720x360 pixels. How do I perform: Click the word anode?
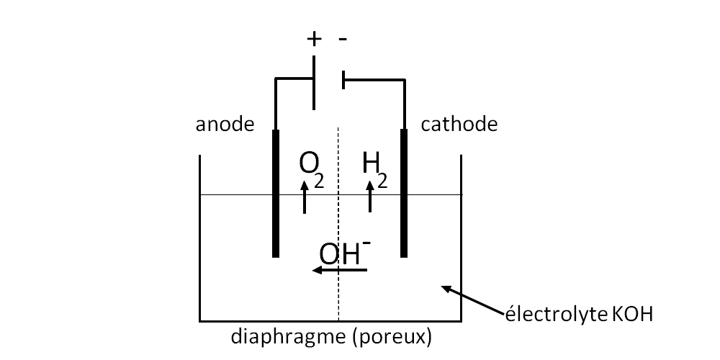click(x=225, y=125)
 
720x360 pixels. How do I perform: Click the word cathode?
click(x=459, y=125)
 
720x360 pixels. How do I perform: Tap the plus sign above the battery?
click(x=314, y=39)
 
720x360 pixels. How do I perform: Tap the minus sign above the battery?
click(x=343, y=39)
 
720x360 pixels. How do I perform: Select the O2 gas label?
click(x=311, y=169)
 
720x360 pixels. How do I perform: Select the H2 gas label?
click(x=374, y=169)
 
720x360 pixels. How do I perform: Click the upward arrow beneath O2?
click(x=305, y=197)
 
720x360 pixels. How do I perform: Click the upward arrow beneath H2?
click(x=370, y=197)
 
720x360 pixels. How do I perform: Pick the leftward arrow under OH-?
click(x=339, y=270)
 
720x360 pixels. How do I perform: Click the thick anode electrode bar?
click(x=276, y=193)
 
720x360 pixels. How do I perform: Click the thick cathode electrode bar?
click(x=404, y=193)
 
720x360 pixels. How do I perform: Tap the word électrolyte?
click(x=557, y=315)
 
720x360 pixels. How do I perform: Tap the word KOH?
click(x=633, y=315)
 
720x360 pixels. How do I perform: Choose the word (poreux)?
click(x=392, y=336)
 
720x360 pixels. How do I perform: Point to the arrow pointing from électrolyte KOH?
click(x=472, y=300)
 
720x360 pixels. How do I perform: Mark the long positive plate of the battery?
click(x=314, y=83)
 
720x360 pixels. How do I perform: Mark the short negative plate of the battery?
click(x=343, y=80)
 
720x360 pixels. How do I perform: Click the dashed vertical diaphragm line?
click(x=338, y=224)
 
